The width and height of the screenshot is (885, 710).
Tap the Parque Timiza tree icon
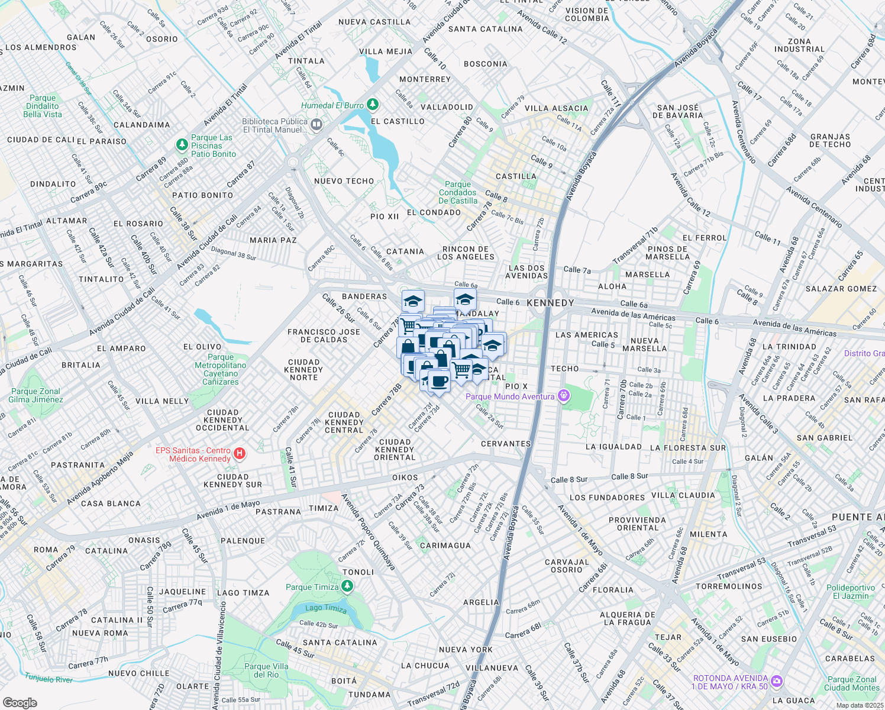[x=347, y=586]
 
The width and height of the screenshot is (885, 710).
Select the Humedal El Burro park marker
[x=373, y=105]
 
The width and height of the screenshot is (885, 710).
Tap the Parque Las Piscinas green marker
[x=182, y=144]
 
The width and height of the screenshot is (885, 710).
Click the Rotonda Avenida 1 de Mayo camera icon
[x=777, y=682]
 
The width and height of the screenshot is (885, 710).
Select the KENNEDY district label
[x=550, y=303]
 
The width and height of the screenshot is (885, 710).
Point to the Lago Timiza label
[x=326, y=608]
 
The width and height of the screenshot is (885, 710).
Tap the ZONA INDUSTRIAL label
[x=799, y=46]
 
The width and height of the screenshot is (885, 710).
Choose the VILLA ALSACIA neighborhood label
[x=557, y=108]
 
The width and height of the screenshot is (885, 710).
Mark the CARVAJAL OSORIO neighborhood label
[x=567, y=566]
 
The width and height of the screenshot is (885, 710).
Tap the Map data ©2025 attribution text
[x=860, y=705]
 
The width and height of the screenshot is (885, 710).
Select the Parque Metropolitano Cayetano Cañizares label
[x=221, y=370]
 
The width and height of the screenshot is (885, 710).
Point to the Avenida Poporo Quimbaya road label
[x=368, y=531]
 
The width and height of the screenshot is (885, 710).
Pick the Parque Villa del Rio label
[x=266, y=670]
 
